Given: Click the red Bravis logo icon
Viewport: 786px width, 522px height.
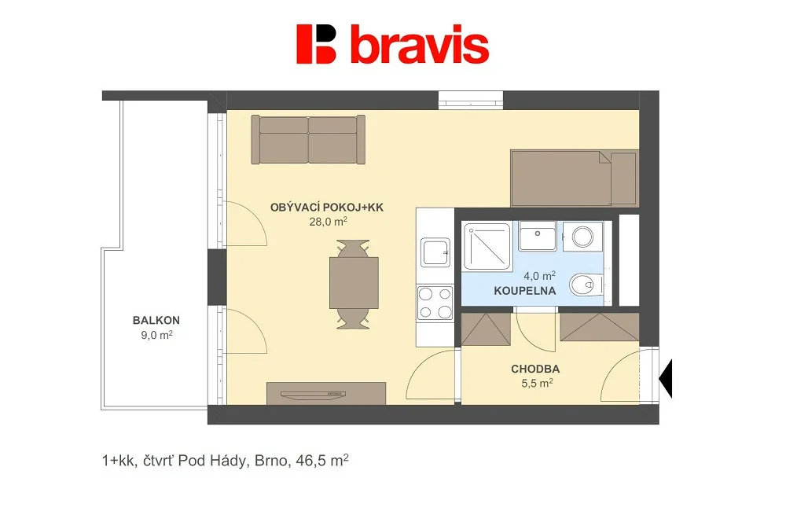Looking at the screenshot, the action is point(316,44).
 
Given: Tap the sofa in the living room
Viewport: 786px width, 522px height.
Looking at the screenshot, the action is point(308,139).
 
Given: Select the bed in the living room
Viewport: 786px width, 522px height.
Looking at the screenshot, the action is point(575,178).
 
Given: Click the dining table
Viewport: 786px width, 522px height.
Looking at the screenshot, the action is point(354,283).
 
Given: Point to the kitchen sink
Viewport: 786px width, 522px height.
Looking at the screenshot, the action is point(435,252).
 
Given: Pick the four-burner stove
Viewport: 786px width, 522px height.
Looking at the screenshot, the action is point(435,303).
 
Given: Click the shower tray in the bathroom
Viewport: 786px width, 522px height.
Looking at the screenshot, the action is point(487,246).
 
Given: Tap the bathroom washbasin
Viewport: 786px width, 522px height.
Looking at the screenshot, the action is point(538,235).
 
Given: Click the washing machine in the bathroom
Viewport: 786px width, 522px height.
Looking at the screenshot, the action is point(582,236).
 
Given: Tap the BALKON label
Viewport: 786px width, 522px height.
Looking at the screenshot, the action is point(156,320).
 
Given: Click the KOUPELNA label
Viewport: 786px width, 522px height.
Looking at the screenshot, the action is point(525,291).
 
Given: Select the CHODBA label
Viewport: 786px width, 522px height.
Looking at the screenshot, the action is point(535,369).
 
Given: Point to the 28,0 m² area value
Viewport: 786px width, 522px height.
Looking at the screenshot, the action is point(329,221).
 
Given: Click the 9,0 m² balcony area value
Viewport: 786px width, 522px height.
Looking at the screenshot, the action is point(157,335).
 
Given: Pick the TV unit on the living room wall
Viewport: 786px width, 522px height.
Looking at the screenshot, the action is point(326,394).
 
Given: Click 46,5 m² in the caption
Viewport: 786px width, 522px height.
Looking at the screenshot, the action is point(322,460).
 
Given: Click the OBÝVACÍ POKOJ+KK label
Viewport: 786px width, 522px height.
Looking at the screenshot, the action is point(327,207).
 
